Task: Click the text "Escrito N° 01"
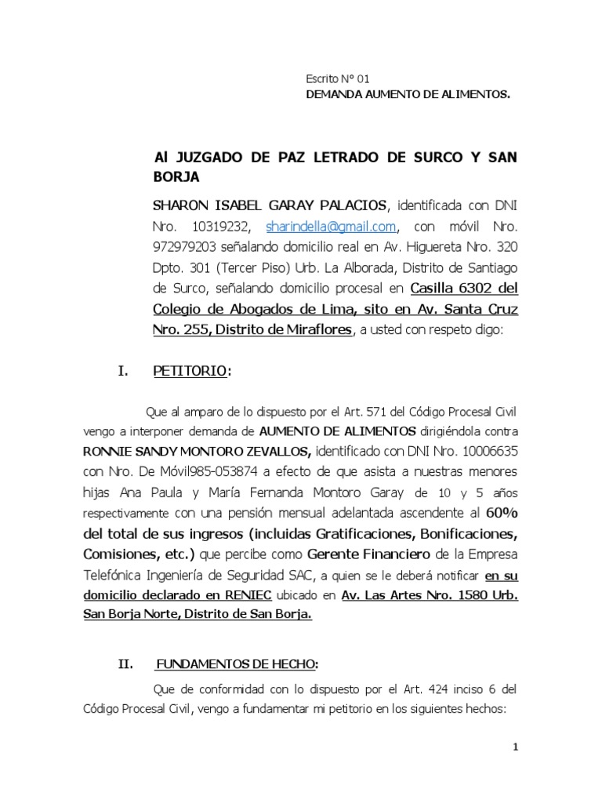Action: pos(336,79)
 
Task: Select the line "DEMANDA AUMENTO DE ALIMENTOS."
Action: pos(407,95)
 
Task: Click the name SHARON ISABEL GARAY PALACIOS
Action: pos(269,206)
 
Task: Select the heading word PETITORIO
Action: pos(190,371)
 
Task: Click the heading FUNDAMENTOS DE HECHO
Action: pos(236,664)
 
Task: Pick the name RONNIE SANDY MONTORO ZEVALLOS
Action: pos(198,452)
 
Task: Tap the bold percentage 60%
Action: pos(502,513)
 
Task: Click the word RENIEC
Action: pos(249,595)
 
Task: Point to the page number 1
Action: pos(515,747)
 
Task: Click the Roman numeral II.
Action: pos(126,664)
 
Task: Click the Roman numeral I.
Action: pos(122,371)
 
